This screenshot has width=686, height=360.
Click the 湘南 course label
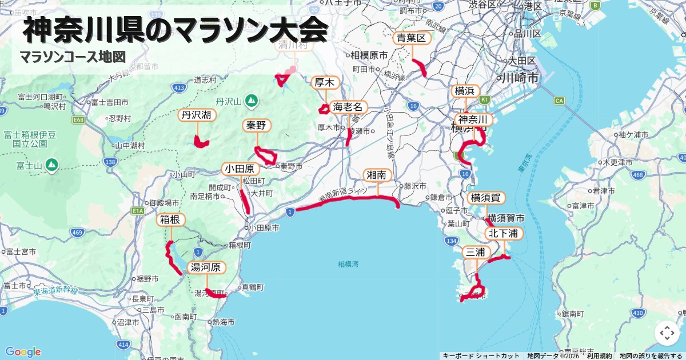tap(378, 175)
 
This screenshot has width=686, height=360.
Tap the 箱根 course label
tap(170, 220)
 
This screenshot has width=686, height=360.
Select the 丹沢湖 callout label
tap(196, 115)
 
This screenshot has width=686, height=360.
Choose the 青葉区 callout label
tap(412, 39)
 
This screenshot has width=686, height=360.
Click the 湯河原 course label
tap(206, 267)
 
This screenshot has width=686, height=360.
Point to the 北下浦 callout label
tap(503, 233)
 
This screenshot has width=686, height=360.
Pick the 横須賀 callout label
tap(486, 198)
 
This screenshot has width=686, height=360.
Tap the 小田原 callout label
tap(241, 169)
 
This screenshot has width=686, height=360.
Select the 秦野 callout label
tap(256, 126)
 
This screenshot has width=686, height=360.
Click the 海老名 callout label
tap(348, 107)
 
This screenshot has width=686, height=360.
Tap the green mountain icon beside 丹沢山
tap(250, 102)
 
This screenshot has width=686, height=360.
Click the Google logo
tap(23, 352)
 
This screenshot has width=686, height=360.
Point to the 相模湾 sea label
tap(348, 264)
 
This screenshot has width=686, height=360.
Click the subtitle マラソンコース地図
tap(73, 57)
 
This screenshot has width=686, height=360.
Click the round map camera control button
tap(667, 333)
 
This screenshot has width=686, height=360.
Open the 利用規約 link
tap(599, 356)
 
